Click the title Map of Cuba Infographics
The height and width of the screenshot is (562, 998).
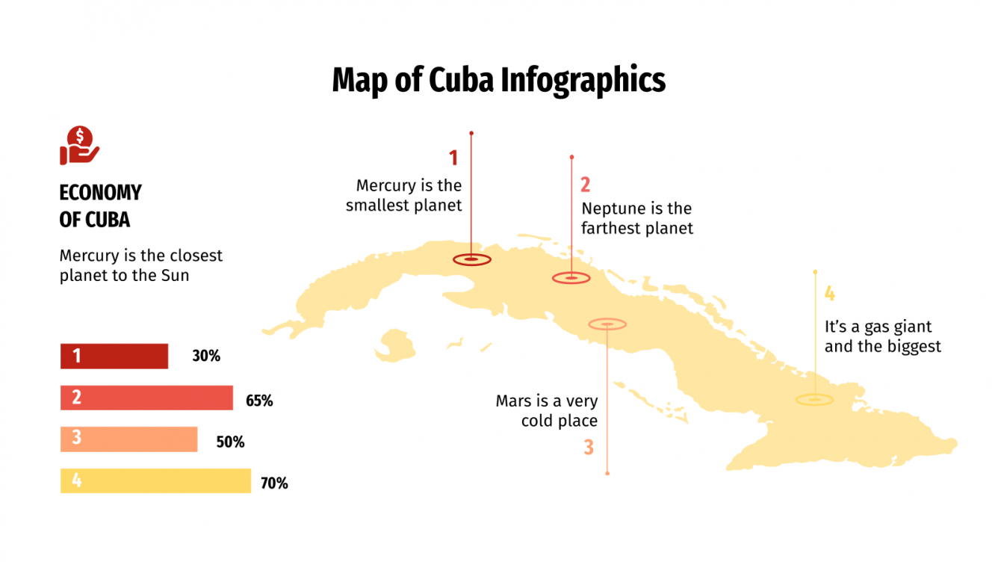pos(498,80)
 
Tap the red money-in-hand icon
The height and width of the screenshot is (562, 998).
pos(79,146)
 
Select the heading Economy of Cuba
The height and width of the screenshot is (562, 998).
pos(100,206)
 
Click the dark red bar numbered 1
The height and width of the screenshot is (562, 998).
pos(114,356)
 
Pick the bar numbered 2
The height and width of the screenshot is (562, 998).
pos(146,398)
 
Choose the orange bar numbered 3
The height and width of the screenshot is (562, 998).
pos(128,439)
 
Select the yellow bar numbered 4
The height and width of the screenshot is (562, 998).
pos(155,481)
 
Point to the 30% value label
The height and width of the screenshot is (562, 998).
pos(206,356)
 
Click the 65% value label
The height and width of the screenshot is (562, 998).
pos(259,401)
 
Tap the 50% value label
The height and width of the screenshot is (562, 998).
pos(230,442)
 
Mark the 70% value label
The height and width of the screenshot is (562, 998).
pos(274,484)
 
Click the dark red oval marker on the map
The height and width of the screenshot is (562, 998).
pos(472,259)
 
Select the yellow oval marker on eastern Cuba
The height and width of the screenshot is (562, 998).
pos(814,400)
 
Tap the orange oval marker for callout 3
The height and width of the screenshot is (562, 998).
pos(607,324)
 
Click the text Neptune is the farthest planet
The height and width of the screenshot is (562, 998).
pos(637,217)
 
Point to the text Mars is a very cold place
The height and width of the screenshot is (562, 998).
pos(547,411)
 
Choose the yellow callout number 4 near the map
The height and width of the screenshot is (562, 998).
pos(829,294)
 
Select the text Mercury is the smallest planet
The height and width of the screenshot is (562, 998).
pos(404,195)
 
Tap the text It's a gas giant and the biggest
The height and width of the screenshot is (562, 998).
pos(882,336)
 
